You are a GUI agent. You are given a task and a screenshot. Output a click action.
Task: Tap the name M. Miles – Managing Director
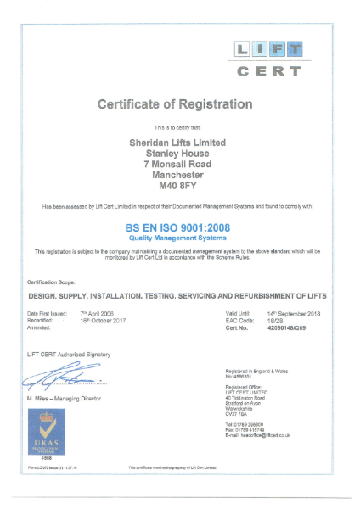coord(65,398)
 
